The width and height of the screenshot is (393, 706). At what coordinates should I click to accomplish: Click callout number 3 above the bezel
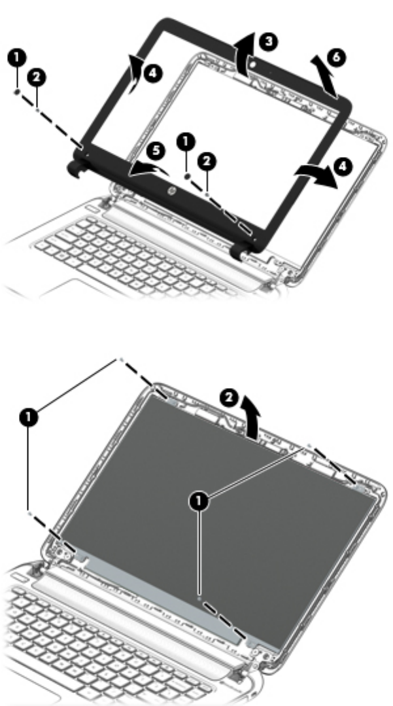[x=268, y=42]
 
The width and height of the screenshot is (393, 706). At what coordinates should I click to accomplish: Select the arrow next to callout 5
[x=148, y=169]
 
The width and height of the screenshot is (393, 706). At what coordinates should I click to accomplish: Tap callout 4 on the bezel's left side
[x=152, y=73]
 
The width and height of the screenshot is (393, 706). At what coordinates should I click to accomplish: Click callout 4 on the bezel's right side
[x=343, y=166]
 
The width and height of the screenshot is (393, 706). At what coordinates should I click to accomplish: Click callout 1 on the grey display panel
[x=199, y=501]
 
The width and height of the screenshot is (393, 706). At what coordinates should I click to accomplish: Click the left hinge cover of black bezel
[x=77, y=166]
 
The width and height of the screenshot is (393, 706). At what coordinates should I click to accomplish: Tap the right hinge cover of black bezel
[x=239, y=250]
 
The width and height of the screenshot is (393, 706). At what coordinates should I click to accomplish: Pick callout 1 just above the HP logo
[x=186, y=142]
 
